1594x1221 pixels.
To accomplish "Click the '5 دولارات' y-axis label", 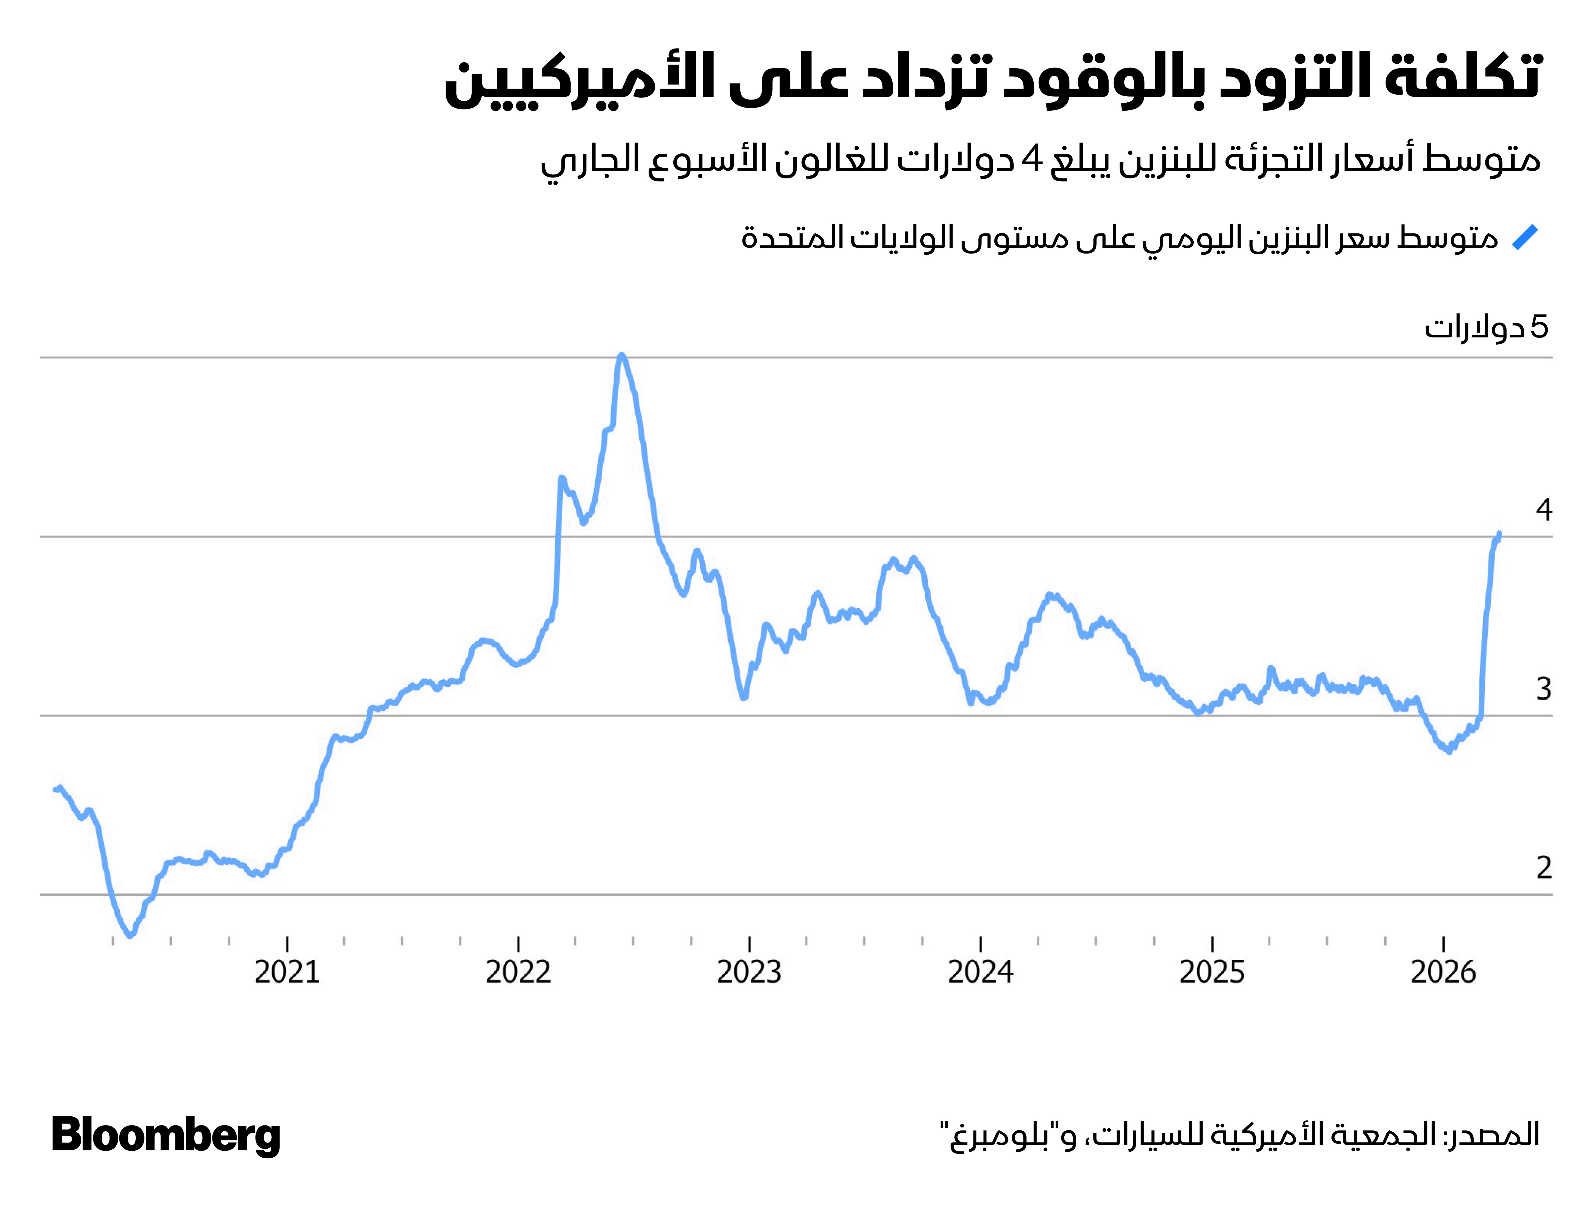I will coord(1486,328).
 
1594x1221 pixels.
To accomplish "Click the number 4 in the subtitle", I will coord(1031,159).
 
